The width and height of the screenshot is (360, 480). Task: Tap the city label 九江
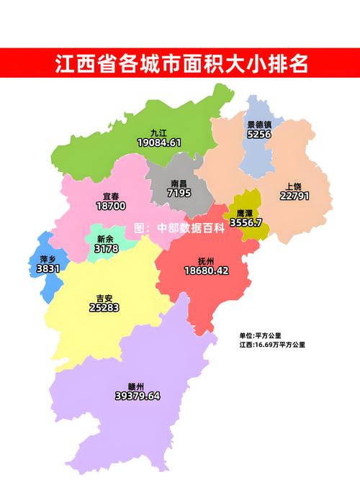(158, 133)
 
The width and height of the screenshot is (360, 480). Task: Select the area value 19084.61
(158, 143)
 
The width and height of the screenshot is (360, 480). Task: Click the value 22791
(294, 196)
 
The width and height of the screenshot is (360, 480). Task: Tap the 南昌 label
(179, 184)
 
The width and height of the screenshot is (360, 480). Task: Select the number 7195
(179, 194)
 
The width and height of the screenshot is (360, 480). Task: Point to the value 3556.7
(246, 223)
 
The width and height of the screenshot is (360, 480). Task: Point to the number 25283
(104, 308)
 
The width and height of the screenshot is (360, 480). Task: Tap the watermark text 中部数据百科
(189, 228)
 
